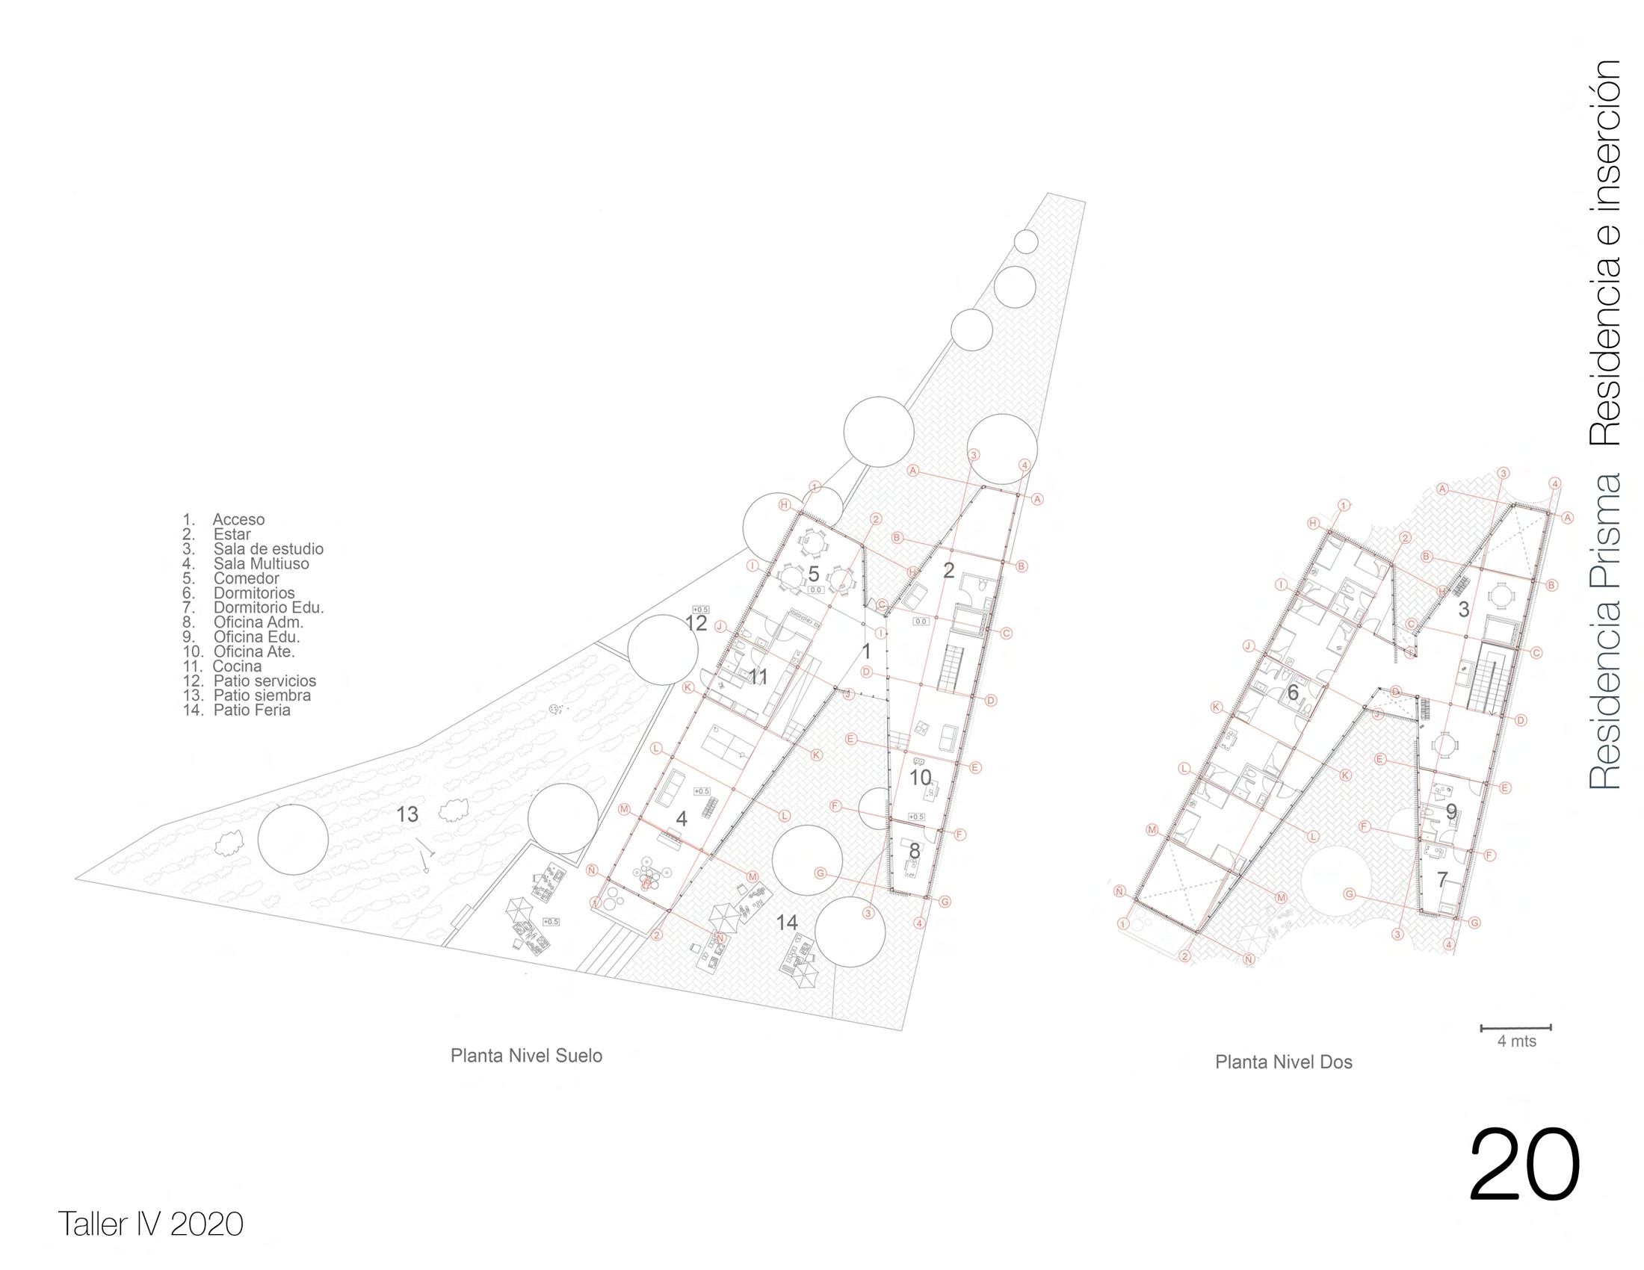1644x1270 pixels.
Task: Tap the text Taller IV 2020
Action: (x=150, y=1224)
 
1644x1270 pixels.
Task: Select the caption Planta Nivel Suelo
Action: (x=526, y=1056)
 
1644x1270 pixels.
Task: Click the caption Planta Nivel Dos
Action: (x=1283, y=1062)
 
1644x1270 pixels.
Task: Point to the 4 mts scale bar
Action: (x=1516, y=1028)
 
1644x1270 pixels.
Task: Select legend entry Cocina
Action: (x=237, y=666)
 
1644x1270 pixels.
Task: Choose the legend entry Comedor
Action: (x=246, y=578)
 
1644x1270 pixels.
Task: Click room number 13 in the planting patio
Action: (x=407, y=814)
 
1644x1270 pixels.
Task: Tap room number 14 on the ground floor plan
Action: (x=787, y=923)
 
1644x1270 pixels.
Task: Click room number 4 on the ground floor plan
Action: (x=682, y=819)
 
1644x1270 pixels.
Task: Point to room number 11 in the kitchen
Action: (x=758, y=677)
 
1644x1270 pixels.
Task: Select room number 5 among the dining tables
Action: (x=814, y=574)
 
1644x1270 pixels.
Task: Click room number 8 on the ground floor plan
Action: (x=915, y=850)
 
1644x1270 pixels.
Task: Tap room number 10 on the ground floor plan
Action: (x=921, y=778)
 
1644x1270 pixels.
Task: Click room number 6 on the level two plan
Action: (x=1293, y=693)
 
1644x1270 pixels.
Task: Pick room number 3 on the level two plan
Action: (x=1463, y=610)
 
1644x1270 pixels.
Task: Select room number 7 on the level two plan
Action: (x=1442, y=879)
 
